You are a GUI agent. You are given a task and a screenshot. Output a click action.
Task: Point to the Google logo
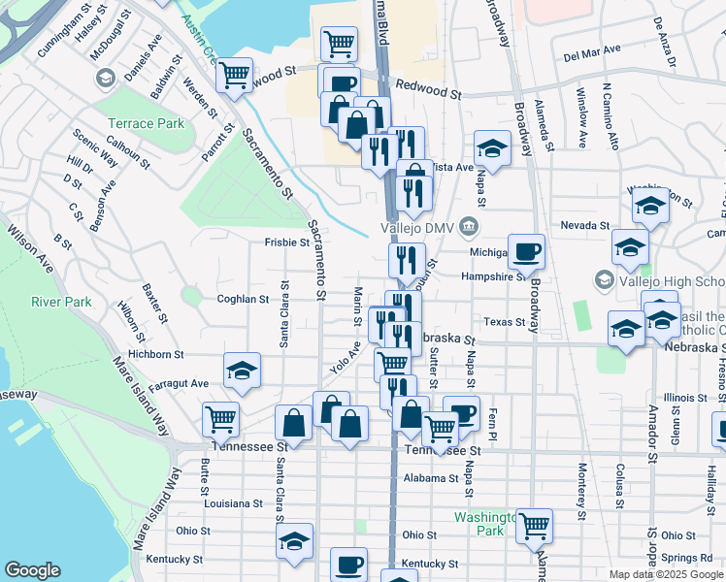32,570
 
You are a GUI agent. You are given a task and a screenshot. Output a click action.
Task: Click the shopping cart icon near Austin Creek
234,74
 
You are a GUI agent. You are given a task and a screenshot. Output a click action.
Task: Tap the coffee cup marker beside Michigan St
526,251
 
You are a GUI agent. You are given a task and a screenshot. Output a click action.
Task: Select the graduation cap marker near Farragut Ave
242,370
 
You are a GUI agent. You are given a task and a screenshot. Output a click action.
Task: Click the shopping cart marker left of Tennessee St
220,419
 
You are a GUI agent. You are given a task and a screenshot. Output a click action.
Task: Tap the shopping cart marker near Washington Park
535,525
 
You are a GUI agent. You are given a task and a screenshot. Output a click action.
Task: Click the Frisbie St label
285,242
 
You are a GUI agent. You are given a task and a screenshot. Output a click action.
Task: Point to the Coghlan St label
243,300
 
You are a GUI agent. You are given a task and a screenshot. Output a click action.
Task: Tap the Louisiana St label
234,504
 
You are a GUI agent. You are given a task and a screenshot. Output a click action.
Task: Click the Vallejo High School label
670,280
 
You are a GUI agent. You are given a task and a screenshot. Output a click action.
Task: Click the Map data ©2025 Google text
666,574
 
